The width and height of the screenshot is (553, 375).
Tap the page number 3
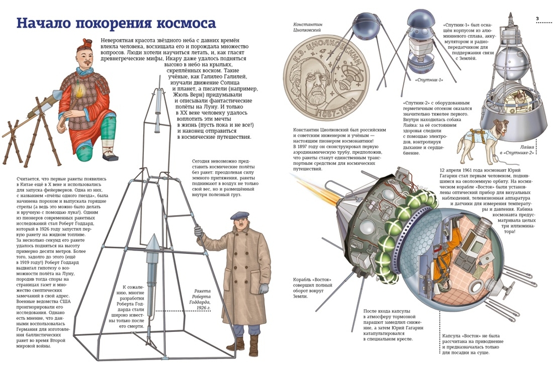pos(538,19)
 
